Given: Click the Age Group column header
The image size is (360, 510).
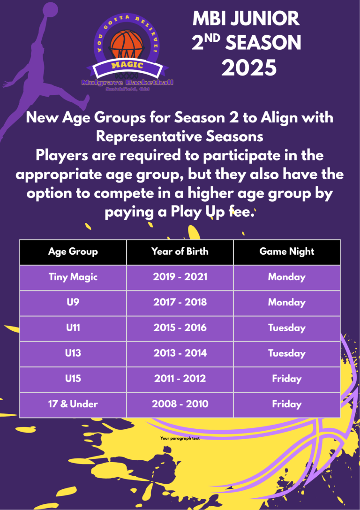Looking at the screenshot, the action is click(73, 251).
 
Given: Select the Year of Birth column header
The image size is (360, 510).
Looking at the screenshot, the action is click(180, 251).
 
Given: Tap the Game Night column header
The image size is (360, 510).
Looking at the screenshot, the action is click(286, 251).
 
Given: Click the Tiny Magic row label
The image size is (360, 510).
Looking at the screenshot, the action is click(73, 277).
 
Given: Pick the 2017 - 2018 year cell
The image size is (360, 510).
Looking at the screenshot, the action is click(180, 302).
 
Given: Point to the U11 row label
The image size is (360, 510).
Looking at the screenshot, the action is click(73, 327).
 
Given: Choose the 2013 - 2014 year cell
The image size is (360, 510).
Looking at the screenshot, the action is click(180, 353).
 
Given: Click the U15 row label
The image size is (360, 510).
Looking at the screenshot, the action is click(73, 378).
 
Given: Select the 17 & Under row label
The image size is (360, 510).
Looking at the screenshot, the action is click(73, 404).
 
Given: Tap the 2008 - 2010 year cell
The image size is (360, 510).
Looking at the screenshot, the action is click(180, 404).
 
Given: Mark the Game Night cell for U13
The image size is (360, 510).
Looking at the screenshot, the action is click(286, 353).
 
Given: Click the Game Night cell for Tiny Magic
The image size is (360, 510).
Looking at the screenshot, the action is click(286, 277).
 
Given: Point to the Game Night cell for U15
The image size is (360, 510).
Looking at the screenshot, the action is click(286, 379).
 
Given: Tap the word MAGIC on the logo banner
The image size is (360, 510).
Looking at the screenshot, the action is click(127, 65).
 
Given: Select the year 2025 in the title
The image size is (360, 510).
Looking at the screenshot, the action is click(249, 68).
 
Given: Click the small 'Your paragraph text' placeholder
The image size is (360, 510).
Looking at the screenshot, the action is click(180, 438).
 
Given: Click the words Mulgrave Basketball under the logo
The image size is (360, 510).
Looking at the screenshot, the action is click(127, 83).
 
